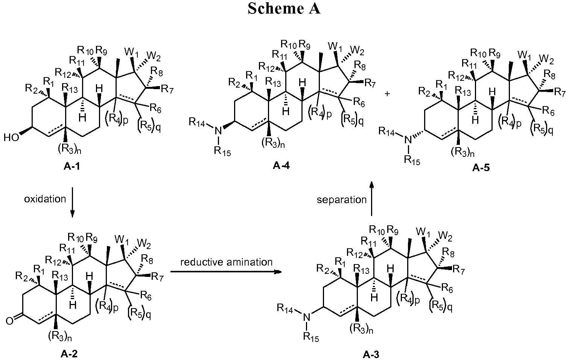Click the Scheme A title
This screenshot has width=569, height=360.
pos(284,9)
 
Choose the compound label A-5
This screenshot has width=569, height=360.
pos(481,168)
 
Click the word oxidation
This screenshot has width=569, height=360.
pos(45,199)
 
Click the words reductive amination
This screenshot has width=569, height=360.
pos(226,262)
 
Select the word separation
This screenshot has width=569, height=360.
pos(342,199)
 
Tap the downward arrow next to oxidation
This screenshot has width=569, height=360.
pos(72,203)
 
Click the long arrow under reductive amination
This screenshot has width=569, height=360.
pos(226,272)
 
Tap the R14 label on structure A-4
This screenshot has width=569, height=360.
pos(197,121)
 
